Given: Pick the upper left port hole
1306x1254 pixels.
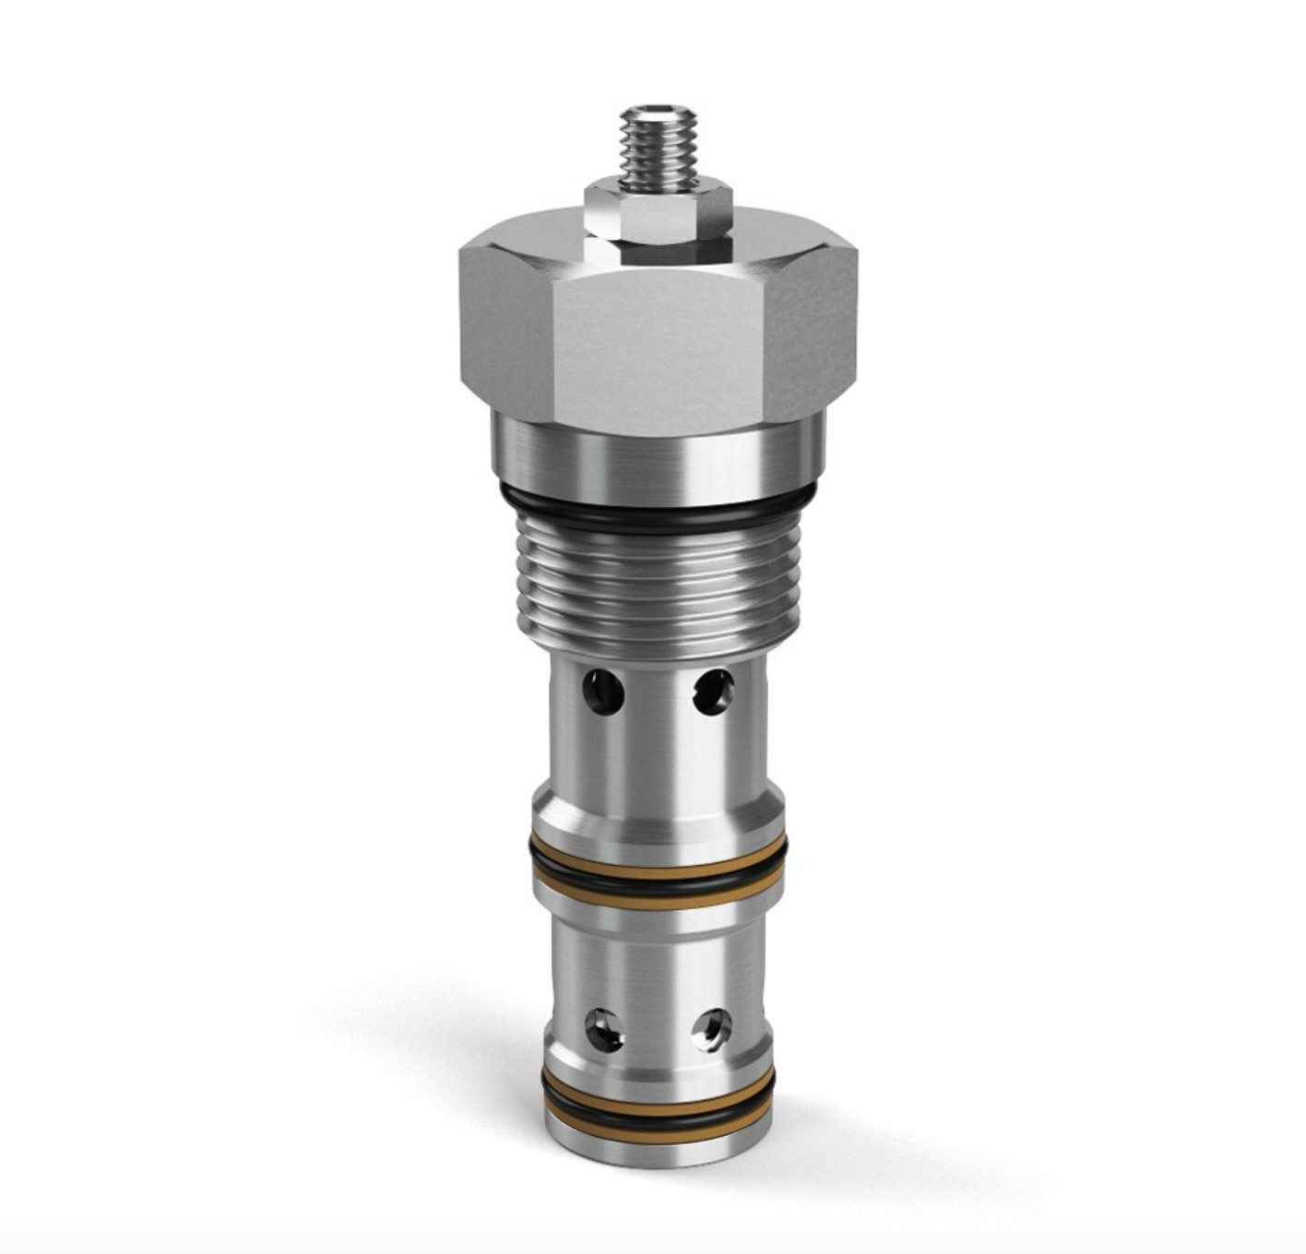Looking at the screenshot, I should [x=603, y=691].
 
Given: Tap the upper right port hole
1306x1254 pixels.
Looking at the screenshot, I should [x=713, y=692].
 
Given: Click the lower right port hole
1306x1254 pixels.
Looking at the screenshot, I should [x=712, y=1027].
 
